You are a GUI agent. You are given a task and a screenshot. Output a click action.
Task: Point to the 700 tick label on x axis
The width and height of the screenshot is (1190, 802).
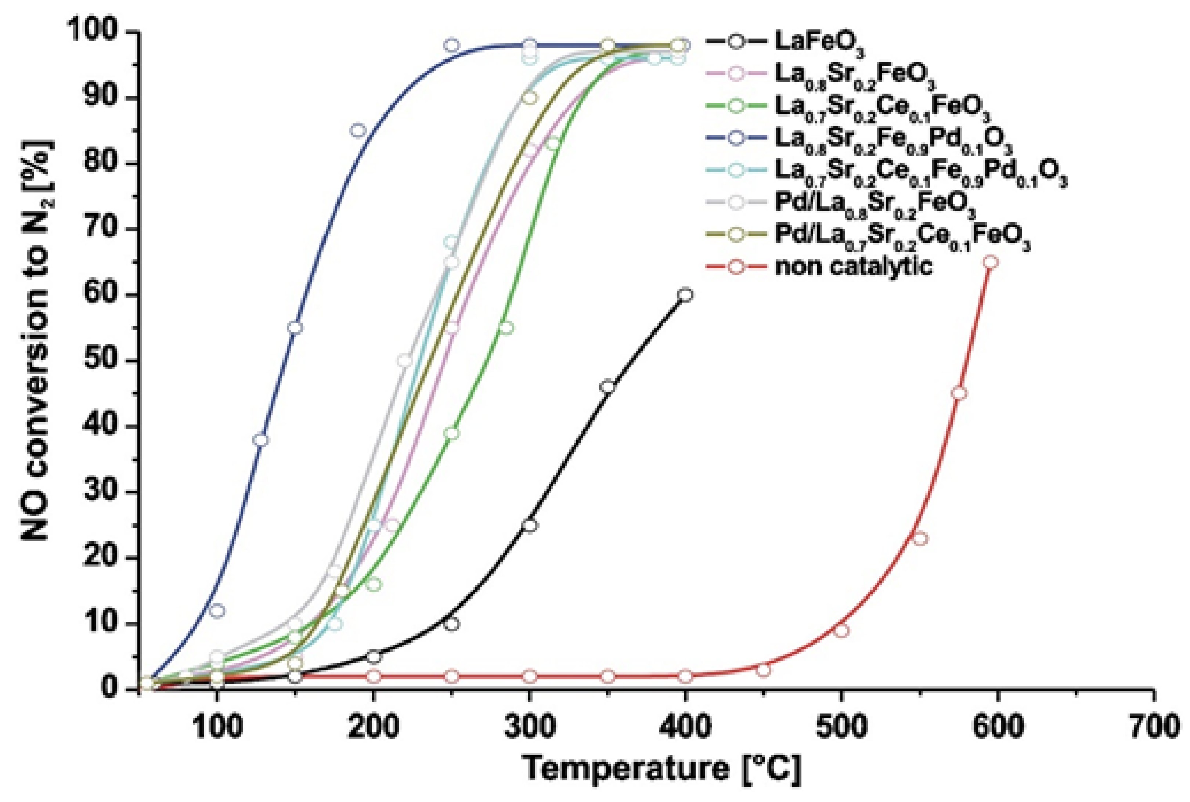pyautogui.click(x=1153, y=727)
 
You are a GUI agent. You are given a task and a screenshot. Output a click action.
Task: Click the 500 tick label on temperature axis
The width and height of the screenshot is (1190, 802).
pyautogui.click(x=841, y=727)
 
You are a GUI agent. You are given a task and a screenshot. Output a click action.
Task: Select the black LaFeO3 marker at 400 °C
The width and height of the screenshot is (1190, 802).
pyautogui.click(x=686, y=295)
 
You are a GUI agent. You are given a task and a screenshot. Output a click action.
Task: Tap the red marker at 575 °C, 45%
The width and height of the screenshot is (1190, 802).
pyautogui.click(x=959, y=393)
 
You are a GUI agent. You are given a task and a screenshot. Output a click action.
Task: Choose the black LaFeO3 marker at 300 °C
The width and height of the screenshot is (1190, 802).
pyautogui.click(x=530, y=525)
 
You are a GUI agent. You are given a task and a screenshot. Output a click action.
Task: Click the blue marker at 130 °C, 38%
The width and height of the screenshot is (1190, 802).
pyautogui.click(x=261, y=440)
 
